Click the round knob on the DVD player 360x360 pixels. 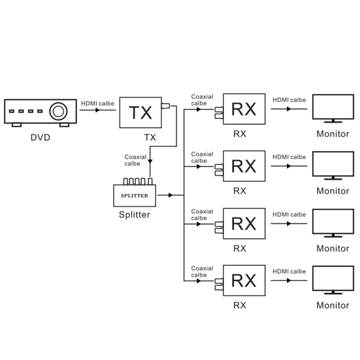coord(58,111)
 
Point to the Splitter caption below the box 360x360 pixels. coord(135,215)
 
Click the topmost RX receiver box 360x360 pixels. coord(243,109)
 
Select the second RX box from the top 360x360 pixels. coord(243,166)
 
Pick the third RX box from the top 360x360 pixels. coord(243,224)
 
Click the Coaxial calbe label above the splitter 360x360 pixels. coord(135,160)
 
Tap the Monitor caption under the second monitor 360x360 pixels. coord(333,191)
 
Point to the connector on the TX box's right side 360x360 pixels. coord(166,107)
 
